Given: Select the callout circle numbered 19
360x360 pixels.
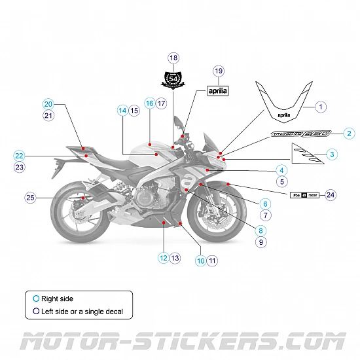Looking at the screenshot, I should pyautogui.click(x=219, y=71).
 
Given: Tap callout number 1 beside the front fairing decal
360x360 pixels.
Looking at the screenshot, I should pyautogui.click(x=321, y=106).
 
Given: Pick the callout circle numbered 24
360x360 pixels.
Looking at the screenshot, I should pyautogui.click(x=331, y=195).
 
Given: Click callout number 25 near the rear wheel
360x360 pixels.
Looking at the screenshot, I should pyautogui.click(x=29, y=197).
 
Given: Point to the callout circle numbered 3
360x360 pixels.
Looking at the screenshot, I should pyautogui.click(x=332, y=154).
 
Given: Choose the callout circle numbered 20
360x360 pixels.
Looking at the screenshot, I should pyautogui.click(x=48, y=104).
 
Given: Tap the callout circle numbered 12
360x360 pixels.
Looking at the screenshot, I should pyautogui.click(x=162, y=258).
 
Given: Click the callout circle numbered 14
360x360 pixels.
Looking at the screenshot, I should pyautogui.click(x=122, y=111).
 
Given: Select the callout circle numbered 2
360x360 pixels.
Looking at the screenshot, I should pyautogui.click(x=349, y=134).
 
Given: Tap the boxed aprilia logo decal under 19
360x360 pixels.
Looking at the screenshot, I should pyautogui.click(x=219, y=91).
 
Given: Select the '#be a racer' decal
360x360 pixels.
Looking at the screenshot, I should pyautogui.click(x=304, y=195).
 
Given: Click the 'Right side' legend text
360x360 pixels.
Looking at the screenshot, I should pyautogui.click(x=57, y=298).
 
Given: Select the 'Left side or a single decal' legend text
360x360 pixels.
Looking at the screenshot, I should pyautogui.click(x=82, y=312).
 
